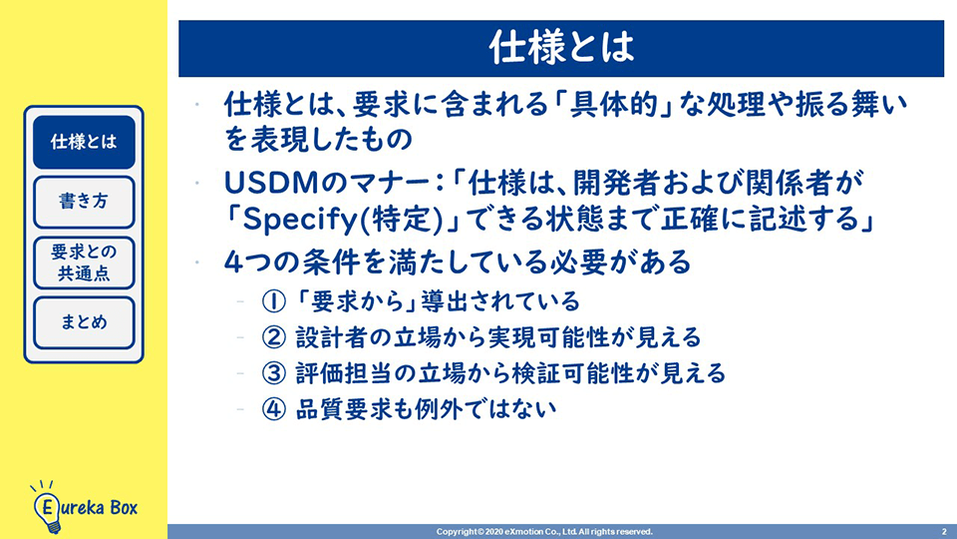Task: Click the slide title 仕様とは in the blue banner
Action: click(561, 48)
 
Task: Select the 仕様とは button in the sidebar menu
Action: click(84, 142)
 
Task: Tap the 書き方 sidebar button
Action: click(84, 202)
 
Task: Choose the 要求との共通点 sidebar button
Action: click(84, 263)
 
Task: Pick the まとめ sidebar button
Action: click(84, 322)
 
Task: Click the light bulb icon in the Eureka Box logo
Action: click(47, 507)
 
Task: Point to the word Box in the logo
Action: click(124, 507)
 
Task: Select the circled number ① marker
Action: click(273, 301)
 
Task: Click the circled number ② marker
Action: click(273, 337)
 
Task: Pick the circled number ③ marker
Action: click(273, 373)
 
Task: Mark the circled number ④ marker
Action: click(273, 409)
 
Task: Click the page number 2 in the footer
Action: click(944, 532)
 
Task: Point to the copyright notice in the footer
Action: click(544, 532)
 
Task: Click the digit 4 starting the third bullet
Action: click(233, 263)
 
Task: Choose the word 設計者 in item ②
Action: click(332, 337)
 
